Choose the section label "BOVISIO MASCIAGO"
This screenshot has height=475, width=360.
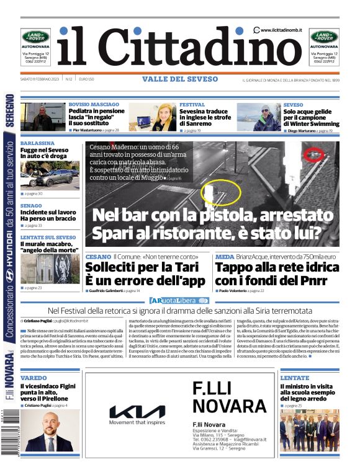coord(94,105)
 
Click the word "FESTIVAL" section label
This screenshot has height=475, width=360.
coord(192,105)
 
